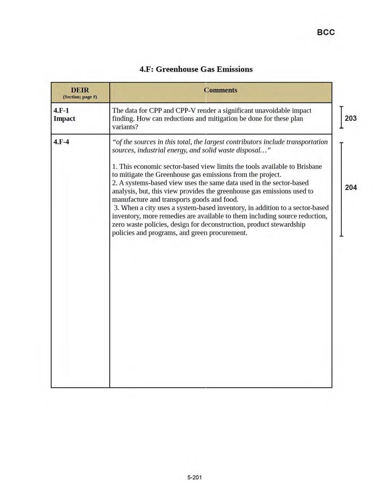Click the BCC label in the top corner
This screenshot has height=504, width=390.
tap(326, 33)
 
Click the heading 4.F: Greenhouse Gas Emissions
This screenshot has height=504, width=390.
tap(196, 69)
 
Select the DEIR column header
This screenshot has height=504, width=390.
tap(80, 90)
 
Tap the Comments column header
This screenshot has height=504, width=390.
tap(221, 90)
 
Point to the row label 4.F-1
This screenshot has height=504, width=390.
tap(61, 111)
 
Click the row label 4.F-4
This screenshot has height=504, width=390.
tap(61, 142)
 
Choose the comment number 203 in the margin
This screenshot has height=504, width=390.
tap(351, 118)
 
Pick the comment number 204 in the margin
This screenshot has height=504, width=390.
tap(351, 188)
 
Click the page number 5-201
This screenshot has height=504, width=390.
tap(195, 477)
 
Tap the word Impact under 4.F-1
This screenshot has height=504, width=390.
tap(64, 119)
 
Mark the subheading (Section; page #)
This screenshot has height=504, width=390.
tap(80, 97)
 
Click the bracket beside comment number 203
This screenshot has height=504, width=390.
tap(342, 117)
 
